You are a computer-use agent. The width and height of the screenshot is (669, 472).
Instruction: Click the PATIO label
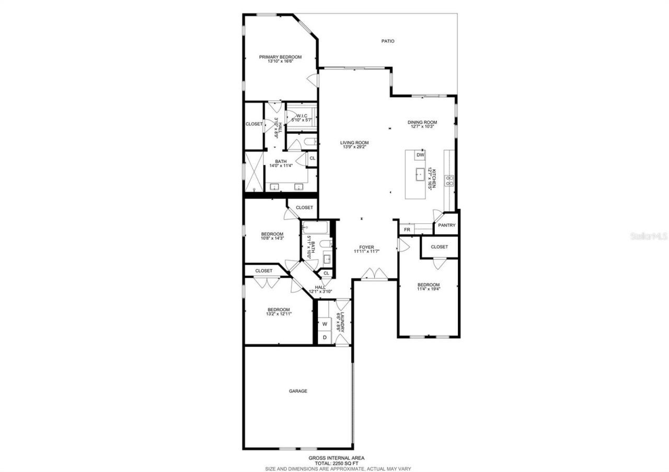[387, 41]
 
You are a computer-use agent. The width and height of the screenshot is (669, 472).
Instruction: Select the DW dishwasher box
[420, 155]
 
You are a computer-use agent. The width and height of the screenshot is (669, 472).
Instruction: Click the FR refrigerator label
[406, 230]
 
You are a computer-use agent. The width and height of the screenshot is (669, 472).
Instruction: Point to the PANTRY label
[447, 226]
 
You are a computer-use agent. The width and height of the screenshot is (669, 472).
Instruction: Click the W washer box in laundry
[324, 324]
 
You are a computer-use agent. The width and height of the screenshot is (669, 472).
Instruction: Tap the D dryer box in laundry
[324, 337]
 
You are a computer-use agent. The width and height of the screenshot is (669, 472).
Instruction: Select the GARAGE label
[298, 391]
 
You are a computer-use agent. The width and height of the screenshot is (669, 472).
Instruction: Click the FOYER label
[366, 247]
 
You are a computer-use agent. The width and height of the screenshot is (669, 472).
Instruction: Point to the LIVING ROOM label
[354, 143]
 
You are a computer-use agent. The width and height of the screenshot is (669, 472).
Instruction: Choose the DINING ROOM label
[422, 123]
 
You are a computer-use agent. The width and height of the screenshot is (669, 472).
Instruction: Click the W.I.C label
[301, 116]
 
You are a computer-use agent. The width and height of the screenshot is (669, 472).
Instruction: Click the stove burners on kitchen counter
[449, 181]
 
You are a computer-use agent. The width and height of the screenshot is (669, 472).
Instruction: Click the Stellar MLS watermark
[649, 236]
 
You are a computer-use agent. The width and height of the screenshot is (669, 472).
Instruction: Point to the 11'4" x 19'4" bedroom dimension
[428, 289]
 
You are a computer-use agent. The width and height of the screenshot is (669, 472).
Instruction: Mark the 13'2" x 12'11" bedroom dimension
[278, 314]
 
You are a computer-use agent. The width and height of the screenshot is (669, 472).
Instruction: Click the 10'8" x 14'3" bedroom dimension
[272, 238]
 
